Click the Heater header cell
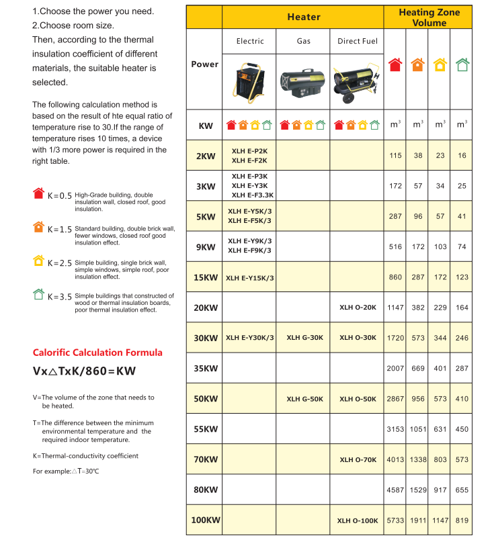[304, 17]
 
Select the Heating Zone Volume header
[429, 17]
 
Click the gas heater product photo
[303, 83]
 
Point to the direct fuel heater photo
[356, 82]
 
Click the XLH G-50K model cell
[304, 399]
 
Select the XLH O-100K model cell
[357, 520]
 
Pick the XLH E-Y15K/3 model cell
[249, 277]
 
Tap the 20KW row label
[206, 308]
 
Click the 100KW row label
[205, 520]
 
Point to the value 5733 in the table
[395, 520]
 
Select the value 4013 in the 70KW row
[395, 459]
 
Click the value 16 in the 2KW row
[462, 155]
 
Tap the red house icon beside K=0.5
[38, 193]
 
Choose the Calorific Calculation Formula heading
[97, 353]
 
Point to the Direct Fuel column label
[358, 41]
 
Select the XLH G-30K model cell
[304, 338]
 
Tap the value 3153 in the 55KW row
[395, 429]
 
